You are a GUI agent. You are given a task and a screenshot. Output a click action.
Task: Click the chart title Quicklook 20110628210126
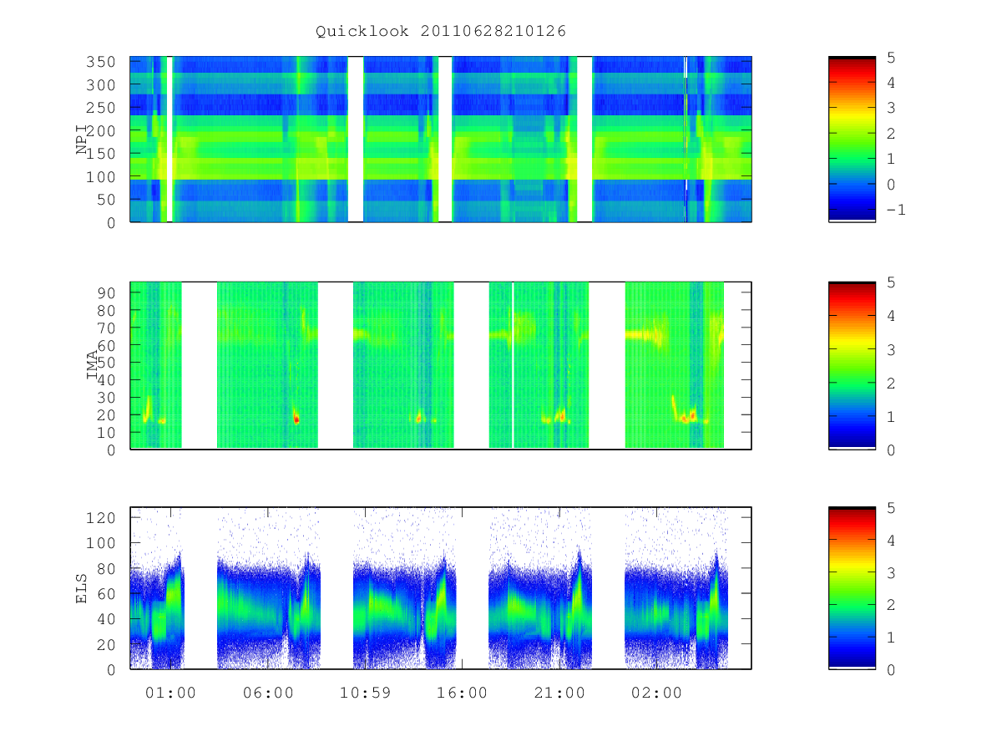pos(441,31)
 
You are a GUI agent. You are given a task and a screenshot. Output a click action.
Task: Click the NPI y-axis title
pos(82,140)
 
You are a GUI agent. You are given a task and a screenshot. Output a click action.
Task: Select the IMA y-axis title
pos(92,365)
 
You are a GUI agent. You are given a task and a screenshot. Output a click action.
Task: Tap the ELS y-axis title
pos(81,588)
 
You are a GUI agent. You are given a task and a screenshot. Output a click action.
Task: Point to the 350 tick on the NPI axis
pos(100,62)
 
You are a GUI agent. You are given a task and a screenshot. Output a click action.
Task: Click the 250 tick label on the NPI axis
pos(100,108)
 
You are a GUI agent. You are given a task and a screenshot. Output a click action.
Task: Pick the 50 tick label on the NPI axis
pos(106,200)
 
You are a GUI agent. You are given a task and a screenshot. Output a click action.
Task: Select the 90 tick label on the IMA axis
pos(106,293)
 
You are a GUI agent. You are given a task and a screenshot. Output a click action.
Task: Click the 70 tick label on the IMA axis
pos(106,328)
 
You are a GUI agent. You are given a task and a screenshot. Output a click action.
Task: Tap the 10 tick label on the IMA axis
pos(106,432)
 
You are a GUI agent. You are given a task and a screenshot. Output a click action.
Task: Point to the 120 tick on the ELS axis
pos(100,518)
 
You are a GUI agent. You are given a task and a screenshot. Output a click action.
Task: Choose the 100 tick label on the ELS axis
pos(100,543)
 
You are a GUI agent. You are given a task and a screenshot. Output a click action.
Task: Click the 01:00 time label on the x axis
pos(170,693)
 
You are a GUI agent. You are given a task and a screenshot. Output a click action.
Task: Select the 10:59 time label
pos(365,693)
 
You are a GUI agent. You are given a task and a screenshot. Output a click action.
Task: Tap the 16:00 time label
pos(462,693)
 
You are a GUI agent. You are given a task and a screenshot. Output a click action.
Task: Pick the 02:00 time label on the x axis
pos(656,693)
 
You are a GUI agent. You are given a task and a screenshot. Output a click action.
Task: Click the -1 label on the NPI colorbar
pos(896,210)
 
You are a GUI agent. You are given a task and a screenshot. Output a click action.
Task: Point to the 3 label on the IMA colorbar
pos(891,350)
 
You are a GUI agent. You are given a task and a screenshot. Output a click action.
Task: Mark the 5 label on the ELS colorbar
pos(891,508)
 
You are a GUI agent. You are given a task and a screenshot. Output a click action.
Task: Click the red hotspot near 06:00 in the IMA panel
pos(296,417)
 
